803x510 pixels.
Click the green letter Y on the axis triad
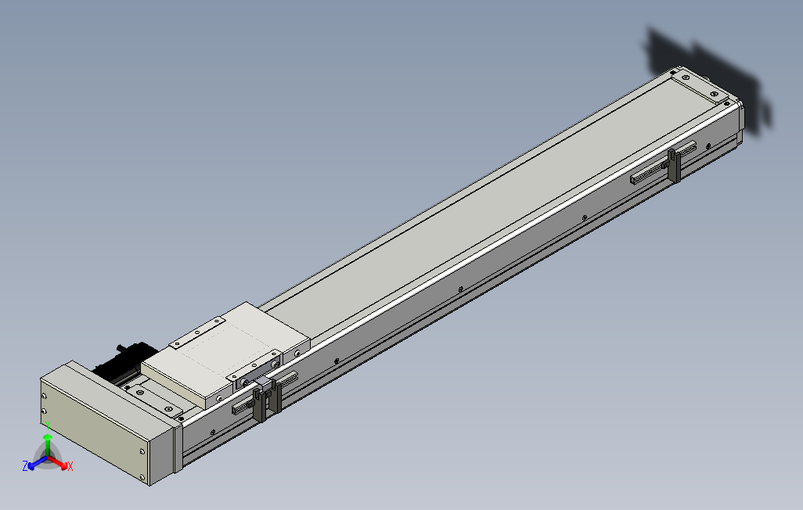point(47,424)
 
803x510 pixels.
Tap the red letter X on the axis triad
point(70,466)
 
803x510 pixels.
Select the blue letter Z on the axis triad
point(25,465)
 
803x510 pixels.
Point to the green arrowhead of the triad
point(47,438)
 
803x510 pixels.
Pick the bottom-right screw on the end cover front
point(142,477)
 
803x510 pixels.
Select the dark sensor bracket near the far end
point(673,165)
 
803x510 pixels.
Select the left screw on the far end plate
point(686,77)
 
